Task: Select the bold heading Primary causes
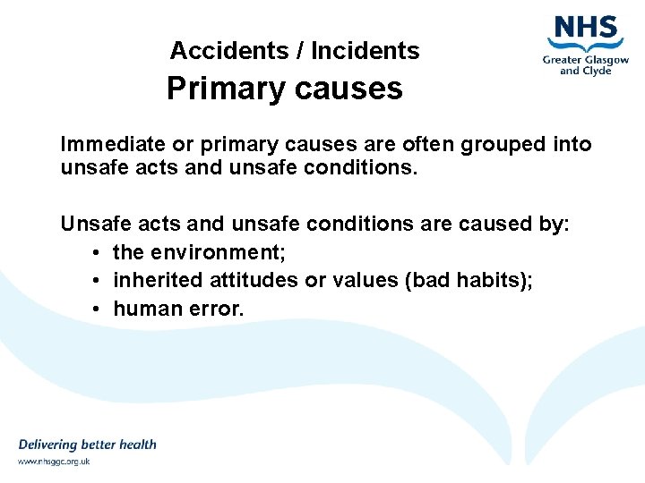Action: pyautogui.click(x=285, y=89)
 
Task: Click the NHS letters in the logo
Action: pyautogui.click(x=587, y=28)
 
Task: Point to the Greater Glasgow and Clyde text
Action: pyautogui.click(x=585, y=64)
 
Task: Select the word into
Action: pyautogui.click(x=572, y=144)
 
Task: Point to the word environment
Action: pyautogui.click(x=218, y=252)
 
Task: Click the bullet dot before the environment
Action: pyautogui.click(x=95, y=253)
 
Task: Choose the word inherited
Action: pyautogui.click(x=158, y=280)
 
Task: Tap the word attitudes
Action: pyautogui.click(x=254, y=280)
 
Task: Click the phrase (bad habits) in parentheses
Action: pyautogui.click(x=469, y=280)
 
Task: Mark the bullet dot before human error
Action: pyautogui.click(x=95, y=309)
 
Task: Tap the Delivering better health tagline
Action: pyautogui.click(x=87, y=445)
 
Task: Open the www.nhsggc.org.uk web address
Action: pyautogui.click(x=54, y=462)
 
